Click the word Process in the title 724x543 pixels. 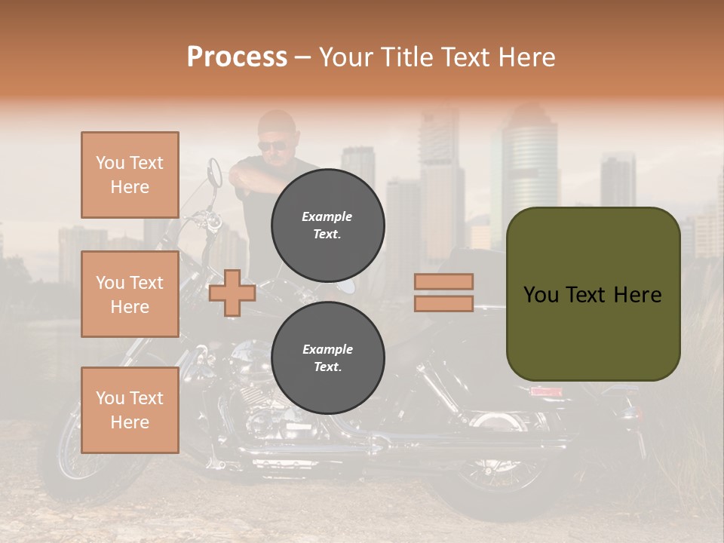(x=237, y=57)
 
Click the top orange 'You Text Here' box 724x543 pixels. (x=130, y=175)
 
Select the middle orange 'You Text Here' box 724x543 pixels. (x=130, y=294)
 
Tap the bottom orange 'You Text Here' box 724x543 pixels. (x=130, y=410)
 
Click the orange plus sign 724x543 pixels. (x=232, y=293)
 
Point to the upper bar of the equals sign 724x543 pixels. (x=443, y=281)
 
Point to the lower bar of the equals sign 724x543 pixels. (x=443, y=303)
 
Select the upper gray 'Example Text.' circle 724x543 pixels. (x=327, y=225)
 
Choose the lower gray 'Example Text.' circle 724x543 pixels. (x=327, y=357)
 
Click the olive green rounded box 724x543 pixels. (x=593, y=294)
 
